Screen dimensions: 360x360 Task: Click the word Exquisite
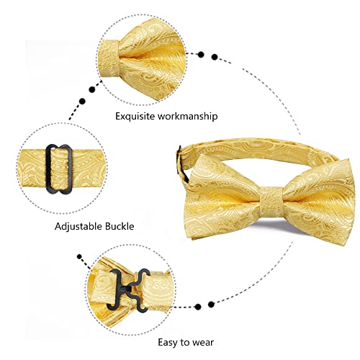pyautogui.click(x=135, y=116)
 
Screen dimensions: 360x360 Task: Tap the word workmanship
pyautogui.click(x=187, y=116)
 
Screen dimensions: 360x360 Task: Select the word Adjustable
pyautogui.click(x=78, y=226)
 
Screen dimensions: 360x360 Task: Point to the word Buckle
pyautogui.click(x=119, y=226)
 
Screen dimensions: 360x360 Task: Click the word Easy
pyautogui.click(x=168, y=343)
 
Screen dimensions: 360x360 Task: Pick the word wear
pyautogui.click(x=203, y=343)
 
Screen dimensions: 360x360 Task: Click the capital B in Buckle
pyautogui.click(x=107, y=226)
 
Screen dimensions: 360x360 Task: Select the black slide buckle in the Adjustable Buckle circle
pyautogui.click(x=59, y=168)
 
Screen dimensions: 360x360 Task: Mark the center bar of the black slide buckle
pyautogui.click(x=59, y=168)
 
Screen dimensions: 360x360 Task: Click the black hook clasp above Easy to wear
pyautogui.click(x=128, y=289)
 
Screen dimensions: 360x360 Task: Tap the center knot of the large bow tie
pyautogui.click(x=271, y=200)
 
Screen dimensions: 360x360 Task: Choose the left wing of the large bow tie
pyautogui.click(x=223, y=197)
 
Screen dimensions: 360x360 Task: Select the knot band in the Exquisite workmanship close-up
pyautogui.click(x=109, y=58)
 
